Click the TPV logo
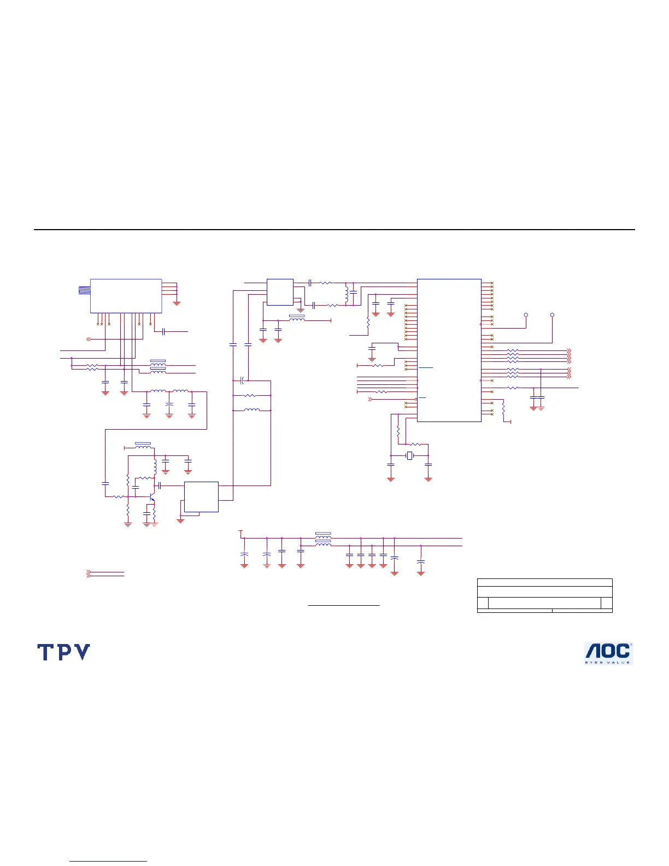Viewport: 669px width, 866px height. coord(63,652)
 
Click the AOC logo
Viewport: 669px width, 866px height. coord(608,653)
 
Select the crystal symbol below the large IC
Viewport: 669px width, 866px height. coord(409,456)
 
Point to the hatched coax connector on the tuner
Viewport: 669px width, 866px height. coord(84,290)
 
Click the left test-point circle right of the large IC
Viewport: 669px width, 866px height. coord(526,315)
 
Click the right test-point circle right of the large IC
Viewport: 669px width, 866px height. coord(552,315)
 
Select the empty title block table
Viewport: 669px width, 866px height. coord(544,595)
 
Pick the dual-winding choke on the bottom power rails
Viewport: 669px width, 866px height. coord(324,539)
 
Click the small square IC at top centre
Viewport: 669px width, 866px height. coord(280,292)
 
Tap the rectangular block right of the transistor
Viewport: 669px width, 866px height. coord(201,497)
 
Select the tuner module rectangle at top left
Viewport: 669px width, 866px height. coord(126,296)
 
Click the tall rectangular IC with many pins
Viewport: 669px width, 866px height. coord(449,350)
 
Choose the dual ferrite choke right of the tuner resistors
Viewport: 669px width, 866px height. coord(158,366)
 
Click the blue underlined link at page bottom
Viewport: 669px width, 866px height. coord(108,861)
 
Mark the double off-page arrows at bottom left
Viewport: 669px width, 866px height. coord(89,574)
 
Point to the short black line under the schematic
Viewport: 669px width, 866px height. coord(344,606)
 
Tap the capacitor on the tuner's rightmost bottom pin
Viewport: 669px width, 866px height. coord(163,332)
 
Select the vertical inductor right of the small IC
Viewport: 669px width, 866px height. coord(347,293)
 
